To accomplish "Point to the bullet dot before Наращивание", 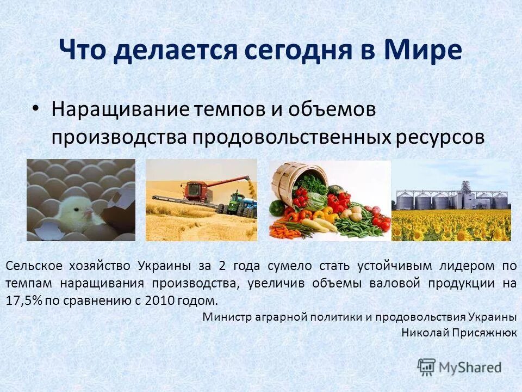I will [x=35, y=109].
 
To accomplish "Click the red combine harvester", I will [x=201, y=193].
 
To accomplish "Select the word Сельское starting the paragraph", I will [x=34, y=266].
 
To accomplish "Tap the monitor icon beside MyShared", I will [x=427, y=366].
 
